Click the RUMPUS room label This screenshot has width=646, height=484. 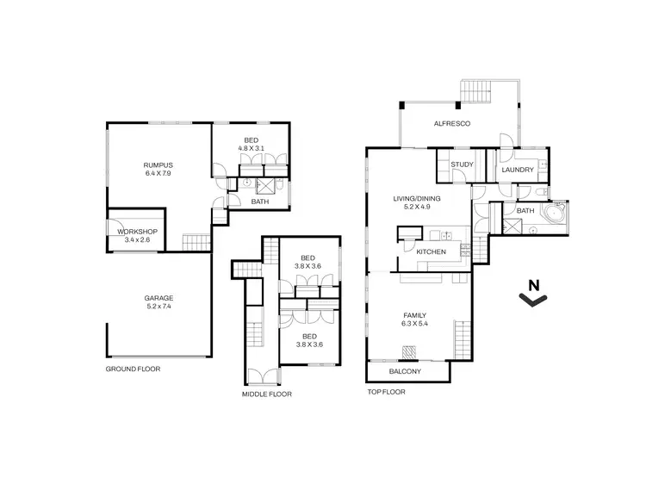pos(158,164)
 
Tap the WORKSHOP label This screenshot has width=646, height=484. pos(124,231)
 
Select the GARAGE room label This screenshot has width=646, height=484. pos(158,298)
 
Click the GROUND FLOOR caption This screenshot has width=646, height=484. pos(133,369)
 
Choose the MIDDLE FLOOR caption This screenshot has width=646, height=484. pos(266,394)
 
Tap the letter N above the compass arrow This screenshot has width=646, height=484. pos(534,285)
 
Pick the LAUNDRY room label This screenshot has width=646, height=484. pos(518,171)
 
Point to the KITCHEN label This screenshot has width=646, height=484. pos(431,251)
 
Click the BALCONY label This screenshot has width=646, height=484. pos(405,371)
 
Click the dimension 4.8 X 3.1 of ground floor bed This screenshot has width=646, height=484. pos(250,148)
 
